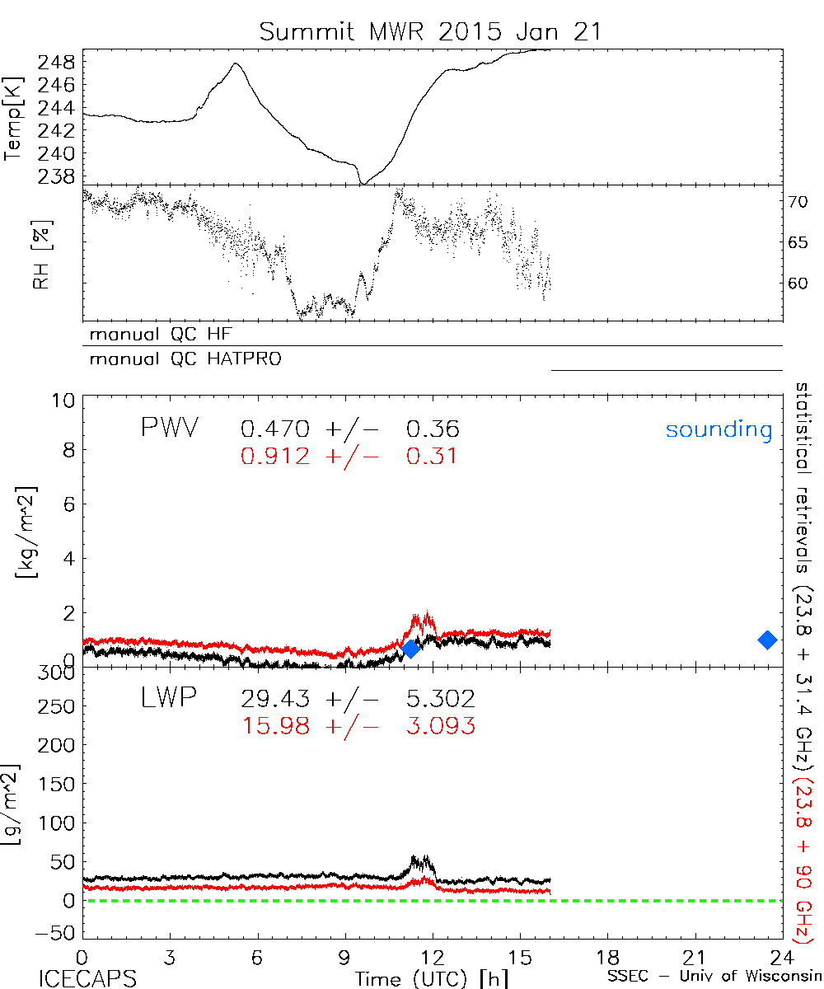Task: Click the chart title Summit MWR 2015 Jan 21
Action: (x=431, y=31)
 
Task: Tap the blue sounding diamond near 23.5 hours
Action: (x=767, y=640)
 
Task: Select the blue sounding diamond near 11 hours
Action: (x=411, y=649)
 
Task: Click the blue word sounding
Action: (x=719, y=429)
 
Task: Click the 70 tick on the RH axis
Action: (x=800, y=201)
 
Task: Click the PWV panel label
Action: (x=171, y=429)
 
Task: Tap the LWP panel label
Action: (x=169, y=699)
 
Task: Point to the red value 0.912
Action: (x=276, y=456)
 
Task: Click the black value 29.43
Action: (x=276, y=700)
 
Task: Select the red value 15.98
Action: (x=276, y=725)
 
